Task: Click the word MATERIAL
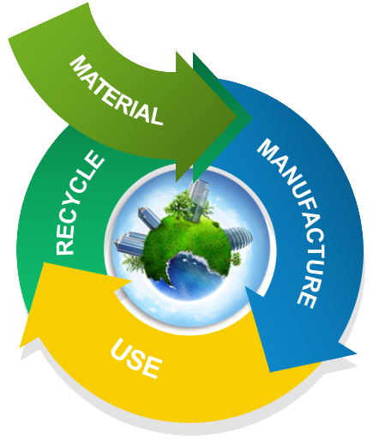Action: pyautogui.click(x=117, y=91)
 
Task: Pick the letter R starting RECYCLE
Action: pyautogui.click(x=65, y=247)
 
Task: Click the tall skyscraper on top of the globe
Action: pyautogui.click(x=198, y=200)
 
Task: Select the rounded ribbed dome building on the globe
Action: pyautogui.click(x=239, y=238)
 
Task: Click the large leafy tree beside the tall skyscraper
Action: pyautogui.click(x=177, y=202)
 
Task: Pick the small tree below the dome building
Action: pyautogui.click(x=236, y=259)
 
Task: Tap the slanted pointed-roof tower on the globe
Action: pyautogui.click(x=148, y=218)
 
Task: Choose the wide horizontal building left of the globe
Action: pyautogui.click(x=130, y=243)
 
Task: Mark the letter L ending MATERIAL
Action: pyautogui.click(x=156, y=115)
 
